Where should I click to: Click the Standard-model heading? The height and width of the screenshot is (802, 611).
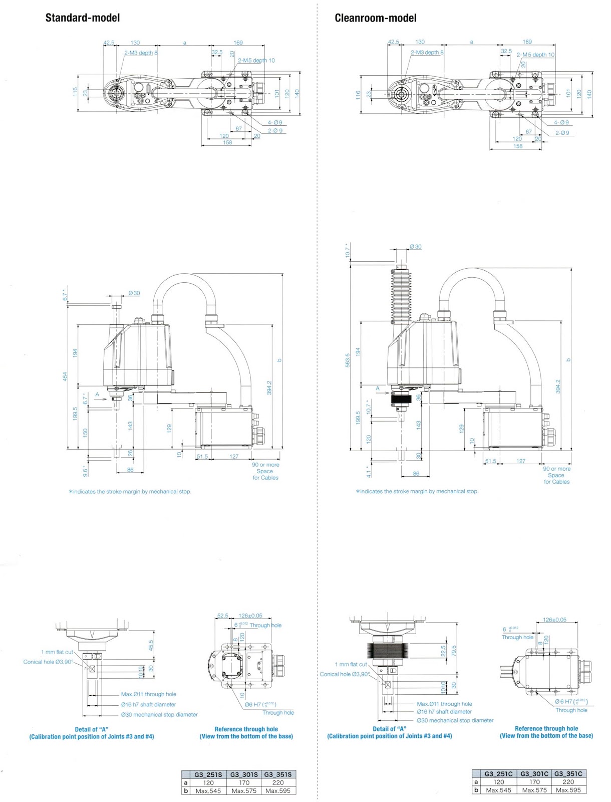[83, 18]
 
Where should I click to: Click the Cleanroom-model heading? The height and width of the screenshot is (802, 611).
[375, 18]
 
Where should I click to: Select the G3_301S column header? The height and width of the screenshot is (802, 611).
[244, 774]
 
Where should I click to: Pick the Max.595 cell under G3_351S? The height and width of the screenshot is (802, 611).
[278, 790]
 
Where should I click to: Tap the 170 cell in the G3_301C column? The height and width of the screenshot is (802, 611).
[534, 781]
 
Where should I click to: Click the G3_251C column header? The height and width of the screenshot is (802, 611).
[498, 773]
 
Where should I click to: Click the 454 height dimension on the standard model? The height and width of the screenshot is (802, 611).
[65, 376]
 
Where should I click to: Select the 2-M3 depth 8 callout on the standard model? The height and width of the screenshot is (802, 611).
[141, 53]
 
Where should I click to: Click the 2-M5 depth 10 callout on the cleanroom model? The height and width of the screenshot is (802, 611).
[535, 55]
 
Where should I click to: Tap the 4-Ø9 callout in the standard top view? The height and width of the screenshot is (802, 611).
[274, 122]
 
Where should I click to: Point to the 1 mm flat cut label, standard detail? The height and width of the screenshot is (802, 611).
[57, 652]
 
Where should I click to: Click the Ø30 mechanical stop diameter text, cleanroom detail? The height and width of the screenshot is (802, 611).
[455, 720]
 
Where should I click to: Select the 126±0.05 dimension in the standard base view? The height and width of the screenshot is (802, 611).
[250, 616]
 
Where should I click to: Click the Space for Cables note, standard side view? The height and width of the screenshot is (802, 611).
[265, 471]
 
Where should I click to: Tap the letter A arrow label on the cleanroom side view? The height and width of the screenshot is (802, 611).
[378, 388]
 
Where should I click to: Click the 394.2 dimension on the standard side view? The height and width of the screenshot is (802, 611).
[269, 387]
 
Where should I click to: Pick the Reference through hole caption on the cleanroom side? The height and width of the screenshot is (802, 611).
[546, 728]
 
